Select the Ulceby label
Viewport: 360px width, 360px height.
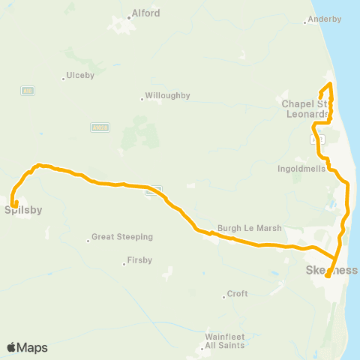(80, 76)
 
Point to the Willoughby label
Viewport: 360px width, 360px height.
(168, 96)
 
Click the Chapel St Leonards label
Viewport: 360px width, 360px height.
(305, 108)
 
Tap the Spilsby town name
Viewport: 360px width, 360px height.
(23, 210)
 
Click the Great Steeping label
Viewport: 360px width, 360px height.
(122, 237)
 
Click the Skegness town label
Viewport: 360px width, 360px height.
(333, 270)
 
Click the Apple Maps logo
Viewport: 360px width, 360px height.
(27, 347)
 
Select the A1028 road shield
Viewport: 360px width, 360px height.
(99, 127)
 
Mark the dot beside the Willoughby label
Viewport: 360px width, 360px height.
(142, 97)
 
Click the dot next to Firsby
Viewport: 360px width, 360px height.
(124, 263)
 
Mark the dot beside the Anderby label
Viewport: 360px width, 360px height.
(304, 22)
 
